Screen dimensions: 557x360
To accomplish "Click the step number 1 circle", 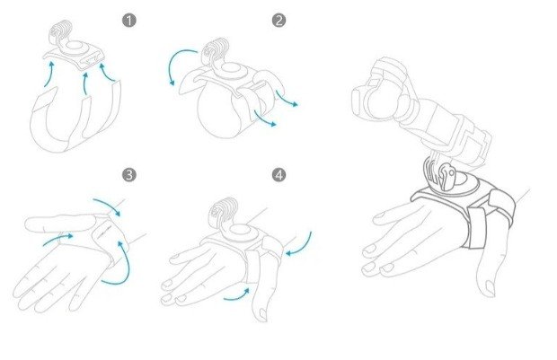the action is tap(129, 21).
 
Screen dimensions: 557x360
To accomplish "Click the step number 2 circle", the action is tap(278, 21).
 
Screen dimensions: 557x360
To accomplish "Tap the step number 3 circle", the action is tap(129, 175).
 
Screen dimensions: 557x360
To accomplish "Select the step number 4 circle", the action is tap(278, 175).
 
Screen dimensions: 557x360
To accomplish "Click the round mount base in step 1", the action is tap(75, 48).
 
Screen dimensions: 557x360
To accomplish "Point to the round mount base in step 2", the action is tap(231, 69).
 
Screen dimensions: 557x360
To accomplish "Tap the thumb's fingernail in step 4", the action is tap(262, 314).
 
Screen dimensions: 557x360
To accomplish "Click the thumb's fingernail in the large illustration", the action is tap(490, 287).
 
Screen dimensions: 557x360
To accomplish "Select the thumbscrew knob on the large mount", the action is tap(446, 177).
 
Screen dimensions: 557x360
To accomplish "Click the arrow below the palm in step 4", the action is tap(237, 296).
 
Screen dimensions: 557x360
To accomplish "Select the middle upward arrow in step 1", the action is tap(85, 83).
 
